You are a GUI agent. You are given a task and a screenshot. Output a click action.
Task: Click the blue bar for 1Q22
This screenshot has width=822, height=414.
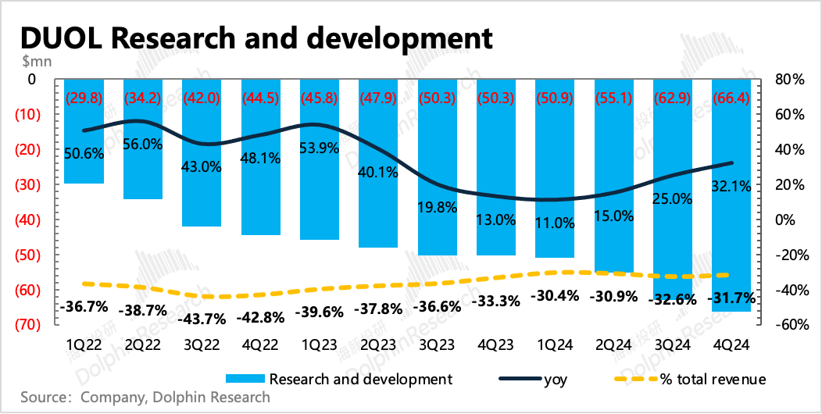[x=84, y=131]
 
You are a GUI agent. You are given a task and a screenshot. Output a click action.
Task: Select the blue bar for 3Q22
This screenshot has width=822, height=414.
[x=202, y=152]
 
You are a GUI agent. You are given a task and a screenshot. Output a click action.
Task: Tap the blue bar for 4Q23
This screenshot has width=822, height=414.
[x=496, y=167]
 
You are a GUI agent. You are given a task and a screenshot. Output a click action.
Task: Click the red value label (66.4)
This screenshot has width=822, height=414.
[x=731, y=98]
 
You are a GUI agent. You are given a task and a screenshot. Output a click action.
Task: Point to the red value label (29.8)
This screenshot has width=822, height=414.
[x=84, y=98]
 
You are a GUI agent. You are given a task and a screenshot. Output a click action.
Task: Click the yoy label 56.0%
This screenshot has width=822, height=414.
[x=142, y=145]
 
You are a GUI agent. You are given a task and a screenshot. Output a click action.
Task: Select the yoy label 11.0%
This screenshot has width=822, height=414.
[x=555, y=223]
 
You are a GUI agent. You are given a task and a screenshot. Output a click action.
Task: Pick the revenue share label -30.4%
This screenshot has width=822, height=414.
[x=555, y=295]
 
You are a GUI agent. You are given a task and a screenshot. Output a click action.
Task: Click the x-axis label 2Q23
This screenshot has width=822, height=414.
[x=378, y=346]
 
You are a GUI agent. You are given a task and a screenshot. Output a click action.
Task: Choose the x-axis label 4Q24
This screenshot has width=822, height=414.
[x=731, y=346]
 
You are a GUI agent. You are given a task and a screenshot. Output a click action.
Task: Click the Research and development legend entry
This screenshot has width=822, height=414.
[x=338, y=379]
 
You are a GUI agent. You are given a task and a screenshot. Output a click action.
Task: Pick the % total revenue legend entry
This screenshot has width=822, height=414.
[x=692, y=379]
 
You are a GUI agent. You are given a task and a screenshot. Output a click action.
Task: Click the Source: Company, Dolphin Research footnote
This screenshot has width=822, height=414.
[x=146, y=397]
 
